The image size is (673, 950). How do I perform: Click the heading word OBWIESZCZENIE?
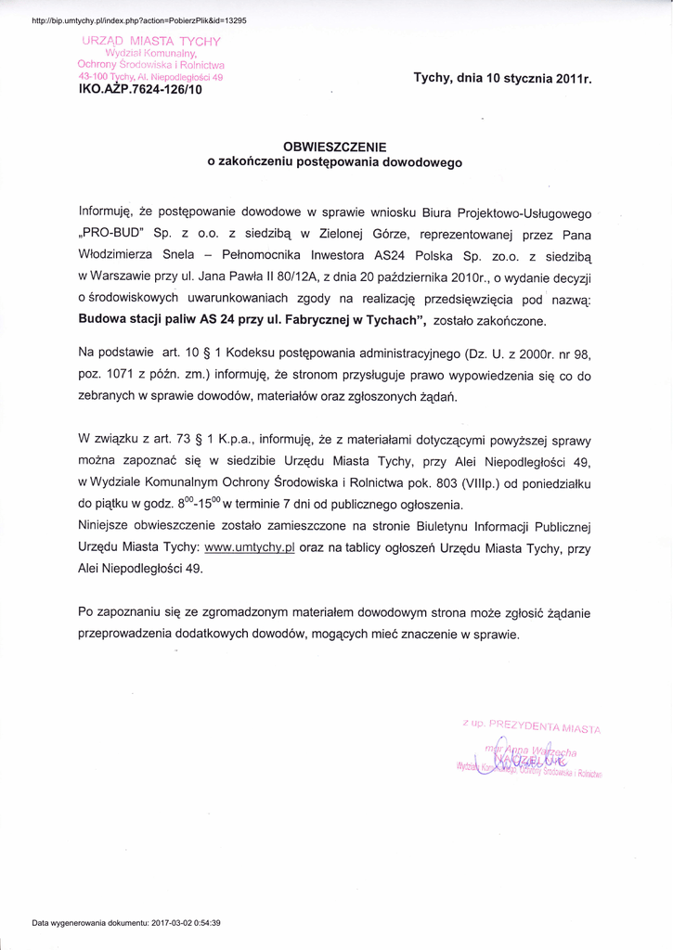coord(334,147)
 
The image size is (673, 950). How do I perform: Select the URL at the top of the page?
coord(139,19)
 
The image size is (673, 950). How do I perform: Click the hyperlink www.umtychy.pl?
coord(249,548)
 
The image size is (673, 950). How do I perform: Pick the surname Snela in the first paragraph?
coord(178,255)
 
